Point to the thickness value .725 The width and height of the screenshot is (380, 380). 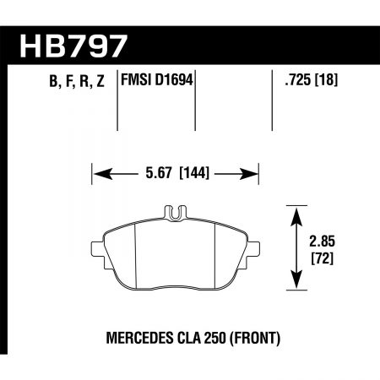click(296, 81)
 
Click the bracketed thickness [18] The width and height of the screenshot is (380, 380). click(328, 81)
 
